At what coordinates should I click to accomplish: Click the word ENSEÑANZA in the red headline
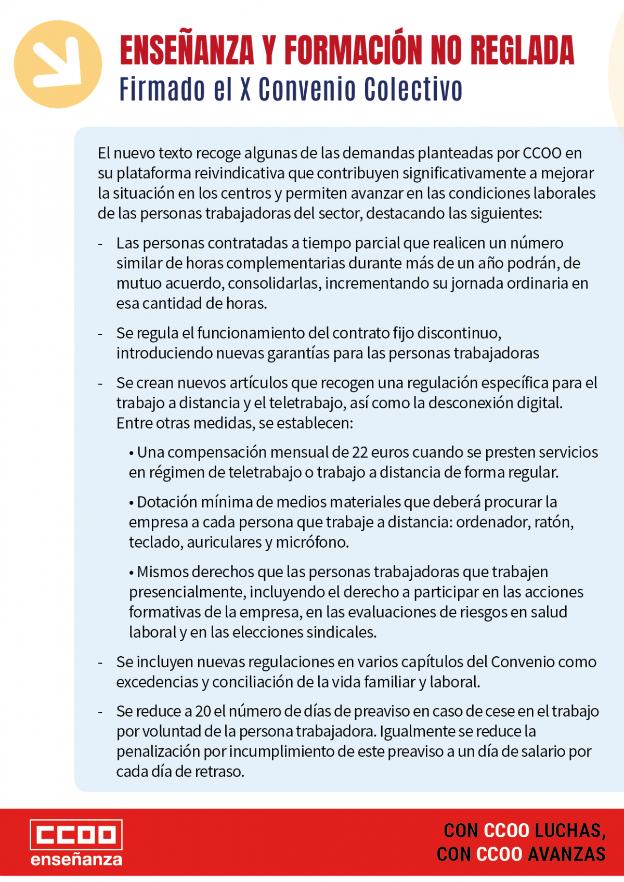click(187, 50)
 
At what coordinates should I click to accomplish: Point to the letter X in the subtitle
click(245, 89)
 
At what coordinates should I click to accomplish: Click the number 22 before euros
click(360, 452)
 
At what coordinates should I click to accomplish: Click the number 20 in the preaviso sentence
click(203, 711)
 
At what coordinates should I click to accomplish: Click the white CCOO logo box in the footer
click(76, 835)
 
